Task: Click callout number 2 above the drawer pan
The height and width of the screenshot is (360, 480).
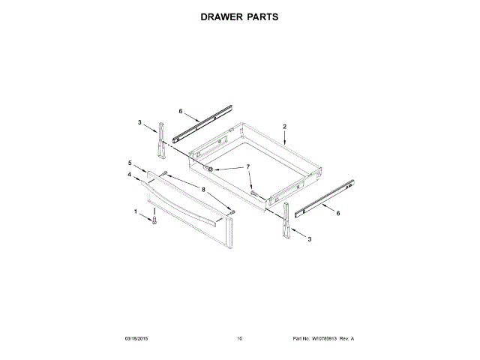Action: (285, 127)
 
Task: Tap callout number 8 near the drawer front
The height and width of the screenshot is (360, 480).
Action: (202, 190)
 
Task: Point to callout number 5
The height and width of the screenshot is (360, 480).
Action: (130, 163)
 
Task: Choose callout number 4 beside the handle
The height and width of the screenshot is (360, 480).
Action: (130, 175)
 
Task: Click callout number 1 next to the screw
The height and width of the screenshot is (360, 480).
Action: (136, 212)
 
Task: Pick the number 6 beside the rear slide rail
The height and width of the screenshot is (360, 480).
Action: (181, 111)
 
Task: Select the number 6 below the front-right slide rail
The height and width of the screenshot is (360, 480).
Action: (337, 214)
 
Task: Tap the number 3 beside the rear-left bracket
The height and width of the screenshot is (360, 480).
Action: (139, 121)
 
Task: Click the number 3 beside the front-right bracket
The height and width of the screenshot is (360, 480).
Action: (310, 238)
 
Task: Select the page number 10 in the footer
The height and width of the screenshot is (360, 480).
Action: (239, 339)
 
